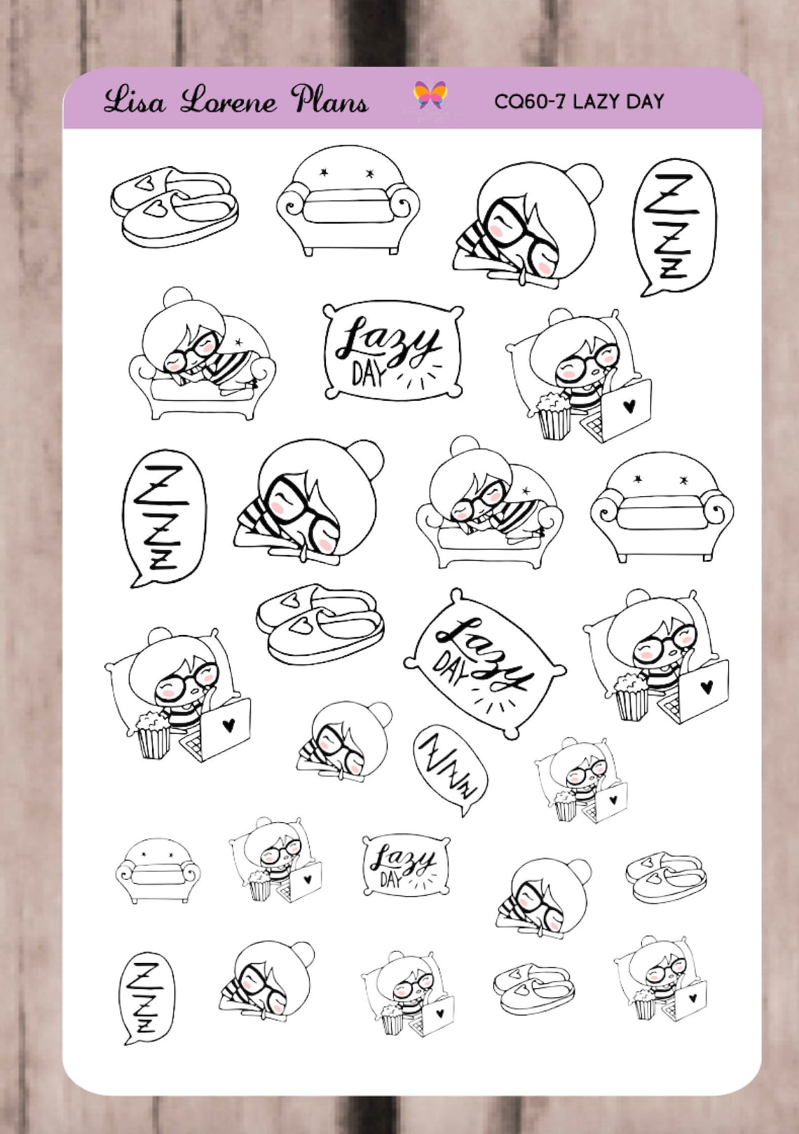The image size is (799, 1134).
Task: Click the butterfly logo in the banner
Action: point(430,95)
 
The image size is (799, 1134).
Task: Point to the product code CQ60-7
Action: point(530,102)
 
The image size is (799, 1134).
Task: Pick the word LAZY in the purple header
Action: point(598,102)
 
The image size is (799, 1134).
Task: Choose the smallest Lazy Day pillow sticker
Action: point(406,865)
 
